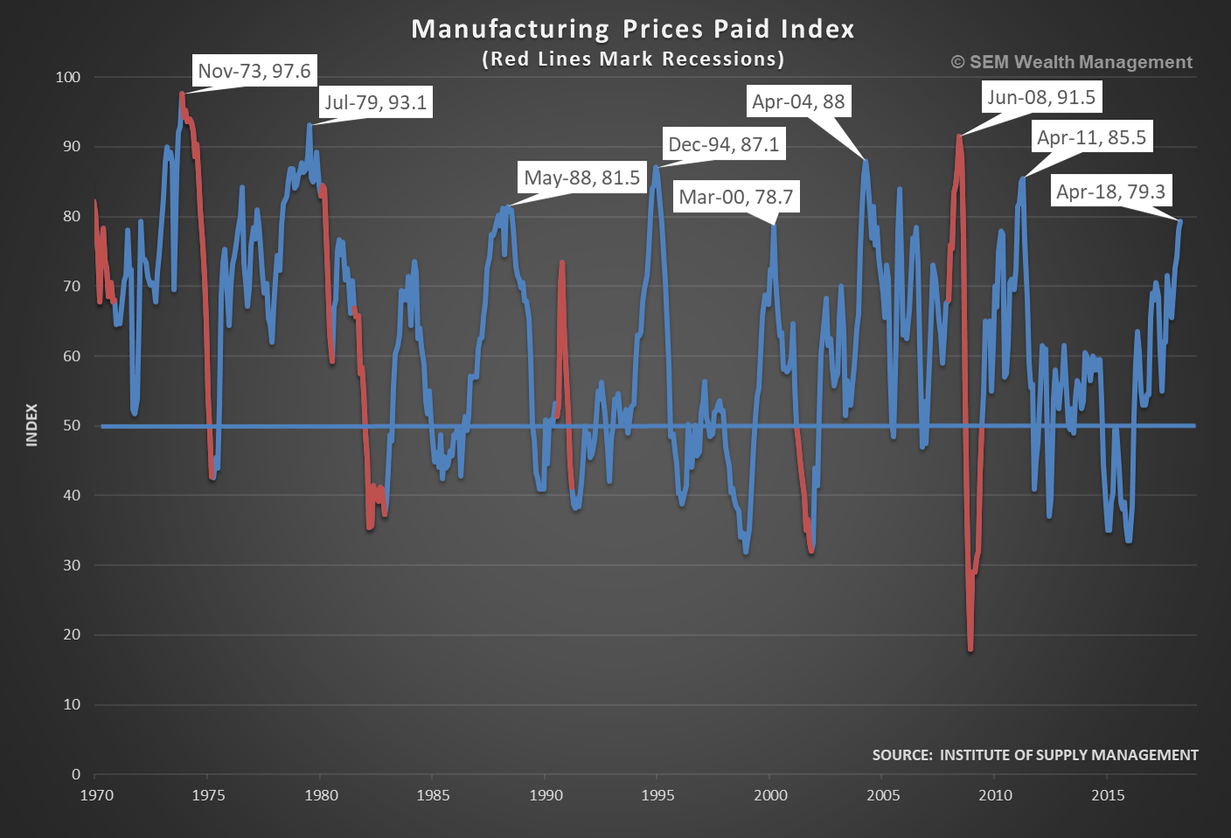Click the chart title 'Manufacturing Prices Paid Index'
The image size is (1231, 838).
click(x=633, y=29)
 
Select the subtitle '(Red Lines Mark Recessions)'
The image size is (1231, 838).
click(x=633, y=59)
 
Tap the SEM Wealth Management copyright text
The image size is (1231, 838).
click(x=1072, y=62)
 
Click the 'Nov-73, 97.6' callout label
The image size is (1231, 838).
click(x=254, y=71)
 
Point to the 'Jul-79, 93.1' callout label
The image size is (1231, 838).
click(x=376, y=102)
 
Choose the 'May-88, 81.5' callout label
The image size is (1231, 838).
click(x=581, y=177)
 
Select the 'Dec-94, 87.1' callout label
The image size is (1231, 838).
click(x=723, y=144)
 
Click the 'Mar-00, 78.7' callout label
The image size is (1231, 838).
click(x=736, y=197)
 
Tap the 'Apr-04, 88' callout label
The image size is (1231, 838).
click(x=798, y=101)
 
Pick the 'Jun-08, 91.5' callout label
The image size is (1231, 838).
click(x=1041, y=97)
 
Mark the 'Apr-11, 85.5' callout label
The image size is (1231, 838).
click(x=1091, y=137)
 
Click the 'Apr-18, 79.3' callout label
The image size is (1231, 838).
click(x=1110, y=191)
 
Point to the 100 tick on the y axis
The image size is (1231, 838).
click(x=68, y=77)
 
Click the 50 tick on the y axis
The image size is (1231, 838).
click(x=72, y=426)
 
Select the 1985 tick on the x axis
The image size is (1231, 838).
click(x=433, y=795)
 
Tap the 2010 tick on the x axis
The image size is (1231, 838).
click(x=995, y=795)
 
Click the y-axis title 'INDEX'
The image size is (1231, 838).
click(x=32, y=425)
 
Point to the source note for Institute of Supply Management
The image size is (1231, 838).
click(x=1035, y=755)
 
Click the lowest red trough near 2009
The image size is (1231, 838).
click(x=970, y=649)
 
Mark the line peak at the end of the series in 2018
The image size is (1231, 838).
click(x=1179, y=221)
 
